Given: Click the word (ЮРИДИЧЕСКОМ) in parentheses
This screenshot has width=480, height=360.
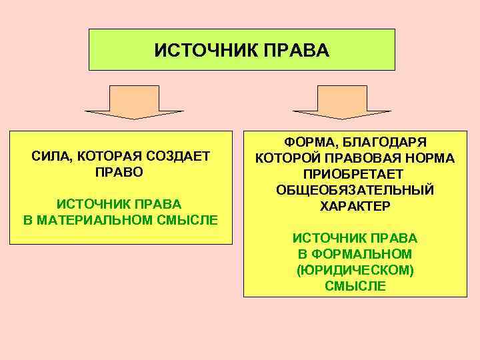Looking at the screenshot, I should [x=355, y=270].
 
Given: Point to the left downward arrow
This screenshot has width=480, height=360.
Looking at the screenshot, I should [x=134, y=104].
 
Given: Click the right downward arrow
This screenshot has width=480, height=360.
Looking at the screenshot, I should [x=341, y=104].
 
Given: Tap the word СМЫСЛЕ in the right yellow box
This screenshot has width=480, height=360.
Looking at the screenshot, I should [x=355, y=286].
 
